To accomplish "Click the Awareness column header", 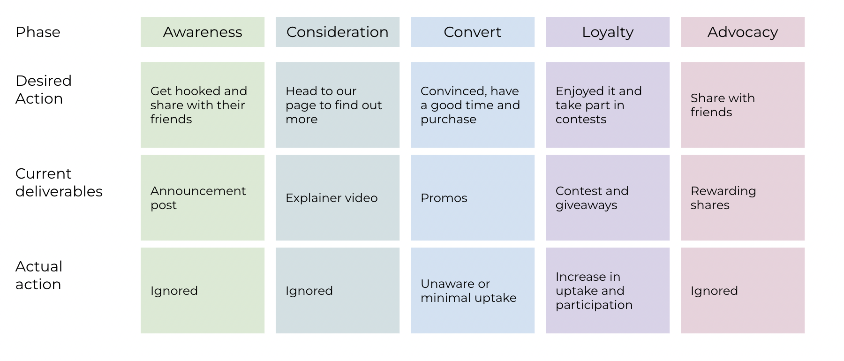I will [203, 32].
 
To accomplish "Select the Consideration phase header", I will [338, 32].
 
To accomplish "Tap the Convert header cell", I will [473, 32].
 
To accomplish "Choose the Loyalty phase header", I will [608, 32].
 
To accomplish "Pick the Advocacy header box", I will [743, 32].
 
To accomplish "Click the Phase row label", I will [38, 32].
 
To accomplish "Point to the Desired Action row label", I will [44, 90].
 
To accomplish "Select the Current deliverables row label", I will [59, 182].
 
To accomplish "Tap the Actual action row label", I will [39, 275].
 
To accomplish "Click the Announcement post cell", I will [203, 198].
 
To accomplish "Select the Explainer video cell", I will [338, 198].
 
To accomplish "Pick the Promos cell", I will [473, 198].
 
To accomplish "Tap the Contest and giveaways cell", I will [608, 198].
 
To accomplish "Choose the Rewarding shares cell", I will [743, 198].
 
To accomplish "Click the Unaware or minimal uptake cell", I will [473, 291].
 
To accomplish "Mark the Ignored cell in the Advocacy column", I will [743, 291].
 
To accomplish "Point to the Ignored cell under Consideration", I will [338, 291].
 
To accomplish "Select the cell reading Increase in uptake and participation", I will [608, 291].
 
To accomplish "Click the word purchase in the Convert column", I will [448, 120].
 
